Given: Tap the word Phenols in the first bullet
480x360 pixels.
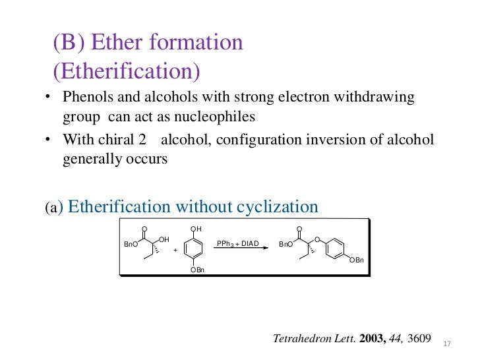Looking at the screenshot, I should click(85, 98).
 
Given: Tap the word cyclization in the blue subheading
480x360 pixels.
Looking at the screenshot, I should click(276, 206).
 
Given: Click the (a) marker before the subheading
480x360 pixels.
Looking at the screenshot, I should click(52, 208).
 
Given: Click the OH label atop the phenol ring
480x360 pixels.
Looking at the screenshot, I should click(196, 229).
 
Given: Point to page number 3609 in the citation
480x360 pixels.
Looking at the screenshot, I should click(420, 339).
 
